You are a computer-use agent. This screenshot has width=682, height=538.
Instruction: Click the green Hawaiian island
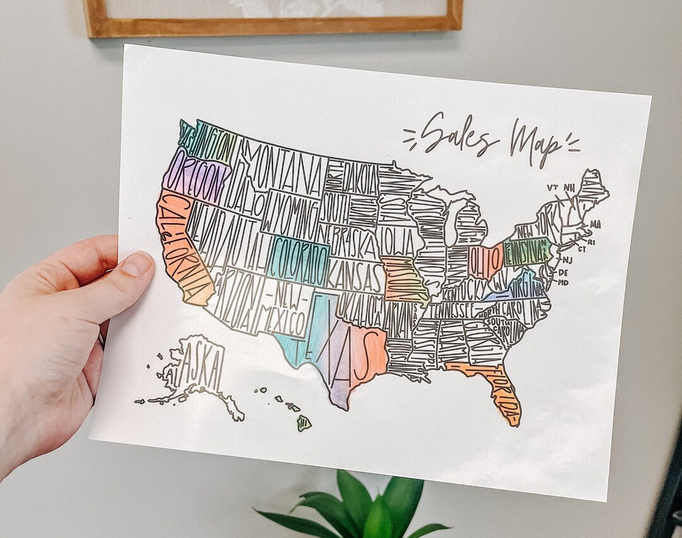coord(304,422)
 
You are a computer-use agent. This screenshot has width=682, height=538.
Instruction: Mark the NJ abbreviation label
coord(567,260)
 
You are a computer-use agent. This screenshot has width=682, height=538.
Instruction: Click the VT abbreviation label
coord(552,188)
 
